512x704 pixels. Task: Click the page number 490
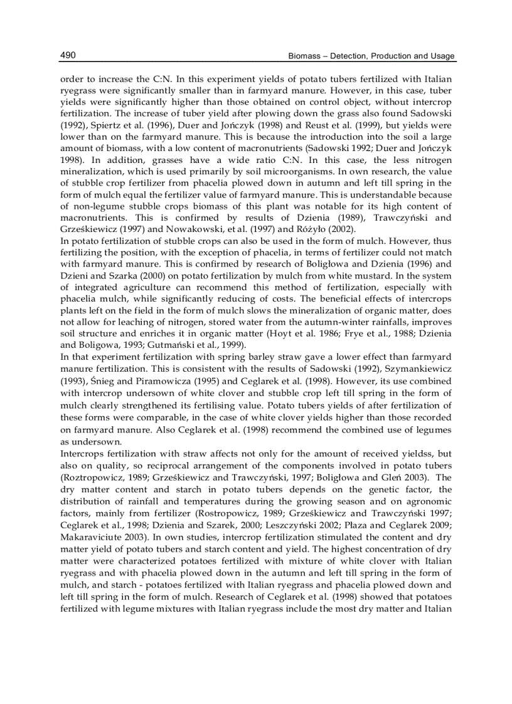pos(68,56)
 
